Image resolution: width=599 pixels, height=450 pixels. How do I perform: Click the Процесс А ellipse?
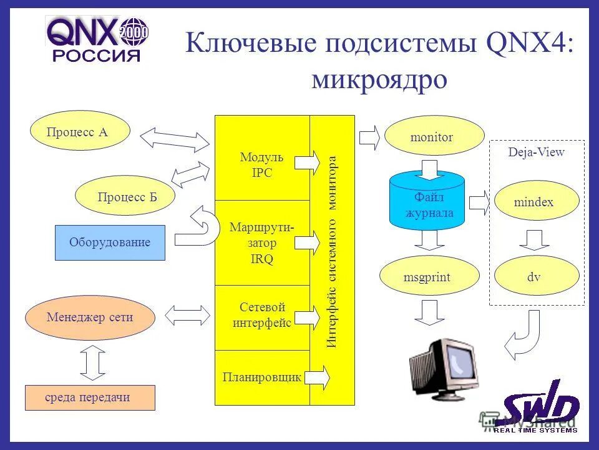80,131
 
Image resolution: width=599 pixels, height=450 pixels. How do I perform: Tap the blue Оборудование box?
110,242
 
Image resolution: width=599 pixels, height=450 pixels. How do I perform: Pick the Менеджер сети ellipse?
89,317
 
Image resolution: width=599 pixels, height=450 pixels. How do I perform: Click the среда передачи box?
89,398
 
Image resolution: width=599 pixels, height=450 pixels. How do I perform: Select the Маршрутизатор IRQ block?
262,242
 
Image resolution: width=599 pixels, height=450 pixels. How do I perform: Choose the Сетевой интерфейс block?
262,316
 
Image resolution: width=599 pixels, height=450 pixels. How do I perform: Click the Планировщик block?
262,377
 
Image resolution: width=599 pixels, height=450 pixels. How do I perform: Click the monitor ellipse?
434,136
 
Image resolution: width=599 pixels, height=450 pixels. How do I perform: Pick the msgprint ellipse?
429,276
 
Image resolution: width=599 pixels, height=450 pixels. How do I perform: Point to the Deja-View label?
536,152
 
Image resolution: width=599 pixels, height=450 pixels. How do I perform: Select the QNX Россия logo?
96,39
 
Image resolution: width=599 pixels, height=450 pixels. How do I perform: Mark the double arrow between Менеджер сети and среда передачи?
91,364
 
